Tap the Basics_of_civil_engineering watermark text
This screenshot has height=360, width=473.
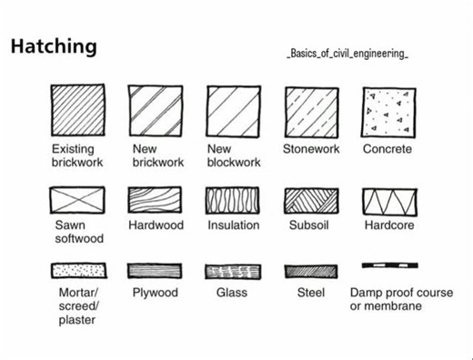pos(347,55)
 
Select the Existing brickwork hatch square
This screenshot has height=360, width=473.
pos(77,111)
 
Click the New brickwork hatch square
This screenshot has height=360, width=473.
pos(155,111)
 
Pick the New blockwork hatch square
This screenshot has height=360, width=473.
pos(233,111)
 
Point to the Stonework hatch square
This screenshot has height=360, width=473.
pos(311,111)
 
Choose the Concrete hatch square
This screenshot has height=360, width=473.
pos(388,111)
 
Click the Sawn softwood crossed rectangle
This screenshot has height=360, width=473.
pos(77,201)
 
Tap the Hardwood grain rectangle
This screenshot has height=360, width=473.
pos(155,201)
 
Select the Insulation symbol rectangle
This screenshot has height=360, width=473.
pos(233,201)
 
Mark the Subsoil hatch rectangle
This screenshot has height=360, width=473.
pos(311,201)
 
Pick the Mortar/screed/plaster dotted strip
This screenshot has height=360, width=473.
pos(77,271)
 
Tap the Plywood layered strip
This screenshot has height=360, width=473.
pos(155,271)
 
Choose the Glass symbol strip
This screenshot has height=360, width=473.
pos(233,271)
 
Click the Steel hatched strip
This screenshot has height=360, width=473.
pos(311,271)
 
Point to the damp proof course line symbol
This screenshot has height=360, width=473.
pos(389,265)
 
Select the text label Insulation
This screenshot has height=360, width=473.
pos(233,225)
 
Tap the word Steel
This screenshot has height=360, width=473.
pos(310,293)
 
